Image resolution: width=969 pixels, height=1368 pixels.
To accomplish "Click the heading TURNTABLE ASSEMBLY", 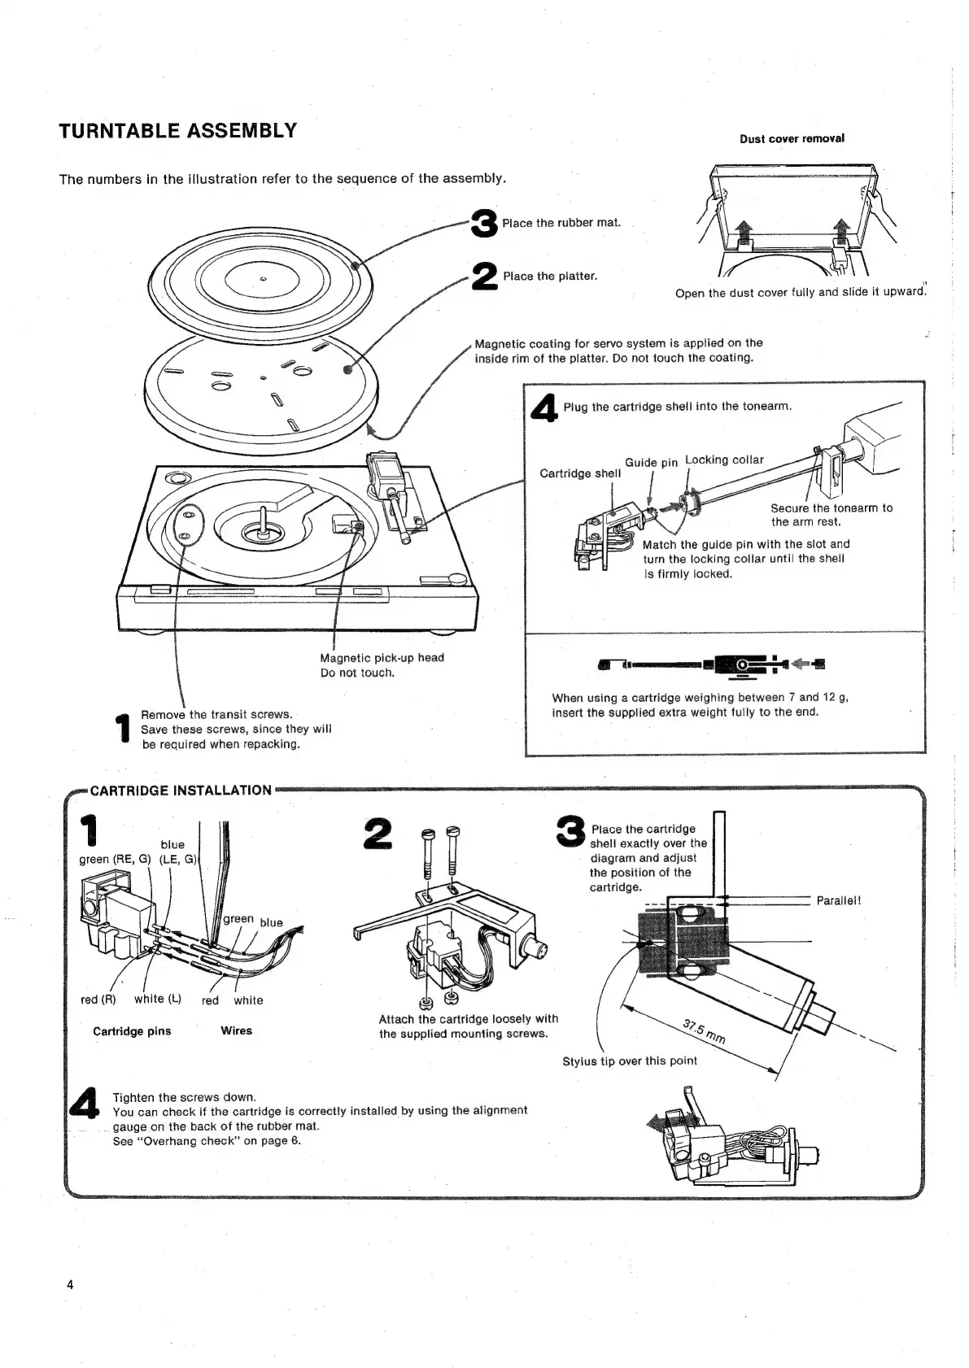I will [177, 131].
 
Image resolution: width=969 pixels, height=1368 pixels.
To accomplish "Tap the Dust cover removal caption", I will [792, 138].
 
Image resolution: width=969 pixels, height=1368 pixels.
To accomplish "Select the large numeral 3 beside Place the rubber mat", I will [485, 222].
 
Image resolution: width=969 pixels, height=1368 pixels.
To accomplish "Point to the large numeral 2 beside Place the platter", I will [485, 276].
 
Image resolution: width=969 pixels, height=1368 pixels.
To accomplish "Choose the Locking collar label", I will [724, 460].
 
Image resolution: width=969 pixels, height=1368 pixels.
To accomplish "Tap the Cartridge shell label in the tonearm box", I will [580, 473].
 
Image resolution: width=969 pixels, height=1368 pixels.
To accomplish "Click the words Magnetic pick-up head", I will [382, 657].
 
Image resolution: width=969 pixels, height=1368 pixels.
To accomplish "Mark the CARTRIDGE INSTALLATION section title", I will [181, 790].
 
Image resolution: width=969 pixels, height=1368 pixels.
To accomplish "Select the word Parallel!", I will [838, 900].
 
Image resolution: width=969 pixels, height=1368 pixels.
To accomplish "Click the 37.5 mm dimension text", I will [705, 1032].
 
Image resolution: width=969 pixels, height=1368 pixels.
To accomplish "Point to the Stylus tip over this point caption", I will [630, 1061].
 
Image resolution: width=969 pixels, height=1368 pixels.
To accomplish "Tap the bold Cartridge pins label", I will [132, 1031].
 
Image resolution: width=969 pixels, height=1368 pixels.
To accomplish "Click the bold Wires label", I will [237, 1030].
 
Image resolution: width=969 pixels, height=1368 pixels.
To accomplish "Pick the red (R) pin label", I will [98, 1000].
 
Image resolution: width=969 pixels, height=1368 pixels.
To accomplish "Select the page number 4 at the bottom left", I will [70, 1285].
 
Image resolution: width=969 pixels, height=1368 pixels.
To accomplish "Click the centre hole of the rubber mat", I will [263, 281].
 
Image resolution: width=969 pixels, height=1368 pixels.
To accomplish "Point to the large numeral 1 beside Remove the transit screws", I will [124, 728].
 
